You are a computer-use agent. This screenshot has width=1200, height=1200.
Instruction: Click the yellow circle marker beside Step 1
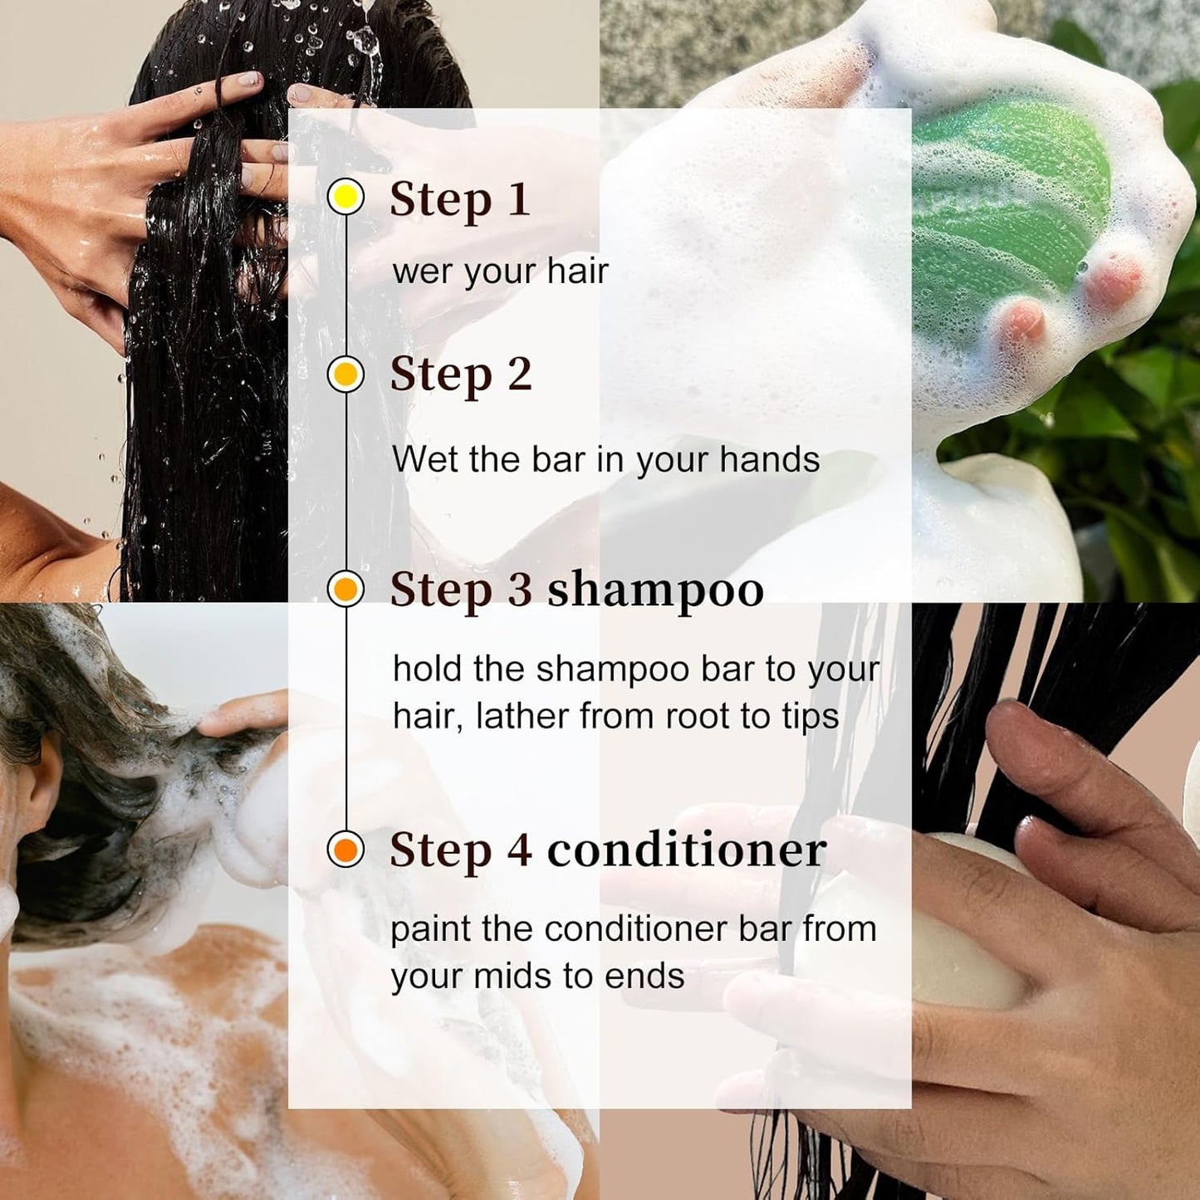345,197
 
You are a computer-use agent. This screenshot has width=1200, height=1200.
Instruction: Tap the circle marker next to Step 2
345,375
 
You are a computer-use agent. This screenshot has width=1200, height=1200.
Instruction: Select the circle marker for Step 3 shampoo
345,588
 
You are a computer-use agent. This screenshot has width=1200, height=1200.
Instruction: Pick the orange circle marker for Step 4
345,849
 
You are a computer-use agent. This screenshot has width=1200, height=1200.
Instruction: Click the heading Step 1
460,200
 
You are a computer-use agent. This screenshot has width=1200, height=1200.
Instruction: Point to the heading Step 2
461,375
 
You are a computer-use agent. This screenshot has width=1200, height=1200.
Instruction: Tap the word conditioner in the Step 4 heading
687,850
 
